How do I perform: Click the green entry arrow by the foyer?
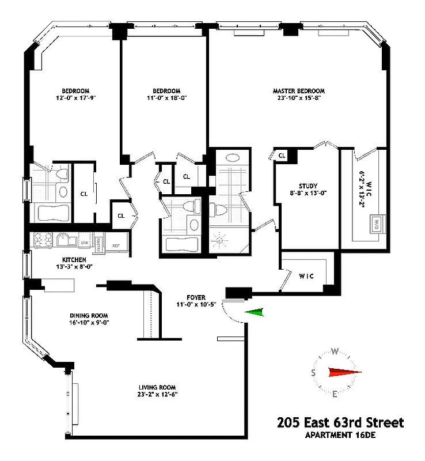pyautogui.click(x=254, y=313)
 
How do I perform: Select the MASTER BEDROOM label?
pyautogui.click(x=298, y=91)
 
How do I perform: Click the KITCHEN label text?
pyautogui.click(x=74, y=260)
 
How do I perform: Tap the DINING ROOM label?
pyautogui.click(x=89, y=315)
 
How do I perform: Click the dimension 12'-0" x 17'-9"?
pyautogui.click(x=75, y=98)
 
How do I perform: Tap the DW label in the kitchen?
pyautogui.click(x=85, y=243)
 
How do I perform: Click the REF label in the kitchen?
pyautogui.click(x=116, y=244)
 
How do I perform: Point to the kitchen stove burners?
pyautogui.click(x=41, y=239)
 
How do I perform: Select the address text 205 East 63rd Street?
pyautogui.click(x=340, y=423)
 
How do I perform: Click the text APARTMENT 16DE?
pyautogui.click(x=340, y=435)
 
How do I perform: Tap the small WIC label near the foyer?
pyautogui.click(x=306, y=275)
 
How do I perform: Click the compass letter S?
pyautogui.click(x=313, y=373)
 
